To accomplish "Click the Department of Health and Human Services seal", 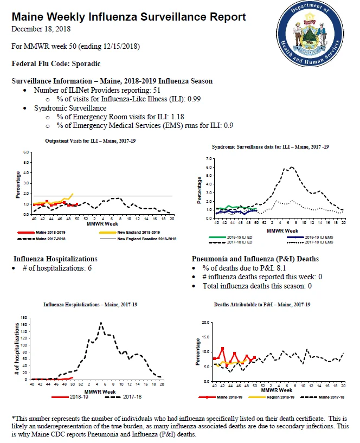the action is (x=310, y=33).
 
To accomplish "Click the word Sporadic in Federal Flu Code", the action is (x=86, y=63).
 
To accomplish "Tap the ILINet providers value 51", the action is (x=157, y=90).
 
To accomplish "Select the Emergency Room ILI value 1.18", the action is (x=177, y=117).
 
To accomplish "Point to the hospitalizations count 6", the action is (x=89, y=268).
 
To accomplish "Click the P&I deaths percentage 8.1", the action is (x=281, y=268).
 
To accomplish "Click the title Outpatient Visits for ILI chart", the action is (x=90, y=140).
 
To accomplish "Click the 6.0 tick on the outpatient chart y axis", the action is (x=26, y=152).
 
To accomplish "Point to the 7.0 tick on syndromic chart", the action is (x=209, y=159).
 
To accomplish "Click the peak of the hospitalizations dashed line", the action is (x=101, y=323).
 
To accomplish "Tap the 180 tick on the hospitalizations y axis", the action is (x=24, y=318).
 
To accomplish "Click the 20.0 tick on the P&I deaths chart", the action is (x=205, y=323).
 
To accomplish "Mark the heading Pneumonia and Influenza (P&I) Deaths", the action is (x=255, y=259).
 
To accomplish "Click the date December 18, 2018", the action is (x=41, y=29).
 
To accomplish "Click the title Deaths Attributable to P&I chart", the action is (x=262, y=305).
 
